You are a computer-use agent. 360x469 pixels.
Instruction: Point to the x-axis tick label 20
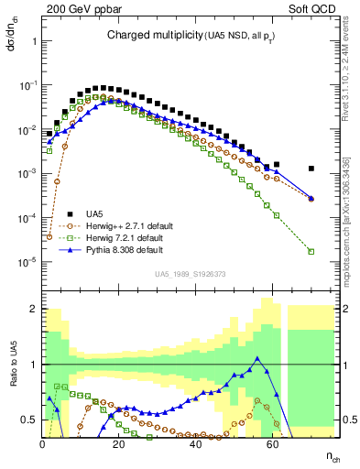point(118,444)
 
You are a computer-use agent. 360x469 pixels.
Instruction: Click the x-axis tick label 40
point(194,444)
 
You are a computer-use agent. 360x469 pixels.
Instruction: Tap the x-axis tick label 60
point(270,444)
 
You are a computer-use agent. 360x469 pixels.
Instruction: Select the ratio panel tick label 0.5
point(29,420)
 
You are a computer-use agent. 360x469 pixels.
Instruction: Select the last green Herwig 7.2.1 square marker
point(311,251)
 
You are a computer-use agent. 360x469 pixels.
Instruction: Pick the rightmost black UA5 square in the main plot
point(311,169)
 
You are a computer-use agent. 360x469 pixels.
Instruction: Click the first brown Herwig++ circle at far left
point(49,236)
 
